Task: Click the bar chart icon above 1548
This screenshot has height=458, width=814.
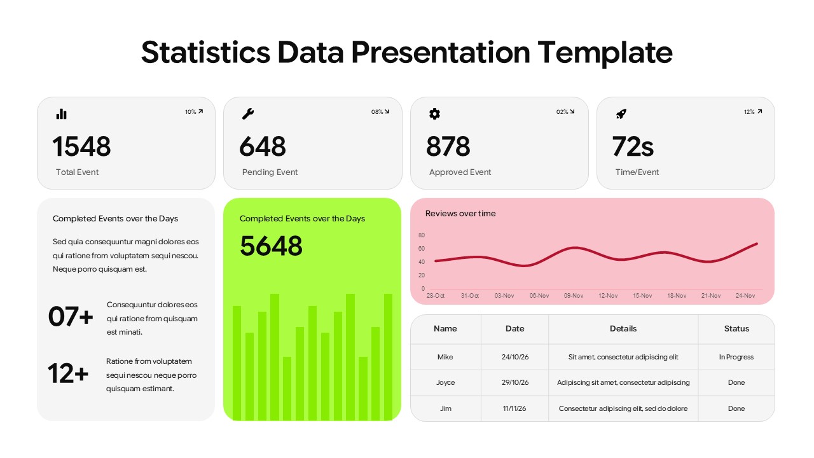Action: click(61, 114)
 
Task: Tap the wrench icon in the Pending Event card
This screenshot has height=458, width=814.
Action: click(248, 114)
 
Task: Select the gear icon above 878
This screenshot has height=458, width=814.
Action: click(434, 114)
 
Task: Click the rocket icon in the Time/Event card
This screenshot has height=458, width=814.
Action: click(621, 114)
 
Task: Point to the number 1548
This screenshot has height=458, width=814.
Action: click(81, 146)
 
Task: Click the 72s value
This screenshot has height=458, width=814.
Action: click(633, 146)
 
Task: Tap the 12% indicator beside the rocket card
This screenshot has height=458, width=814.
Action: click(752, 112)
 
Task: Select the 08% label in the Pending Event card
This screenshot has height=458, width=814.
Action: click(380, 112)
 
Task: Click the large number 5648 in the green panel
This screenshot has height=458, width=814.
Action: click(271, 246)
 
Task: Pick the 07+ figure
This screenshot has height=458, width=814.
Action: click(71, 317)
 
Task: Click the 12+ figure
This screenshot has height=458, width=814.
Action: click(68, 374)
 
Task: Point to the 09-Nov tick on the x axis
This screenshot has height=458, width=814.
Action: click(574, 296)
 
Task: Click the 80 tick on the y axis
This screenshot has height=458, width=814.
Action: click(422, 235)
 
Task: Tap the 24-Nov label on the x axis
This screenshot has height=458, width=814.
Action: click(745, 296)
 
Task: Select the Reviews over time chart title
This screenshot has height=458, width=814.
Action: click(460, 214)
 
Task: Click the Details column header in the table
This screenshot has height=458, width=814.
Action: click(623, 329)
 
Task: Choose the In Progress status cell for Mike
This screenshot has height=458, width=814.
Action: click(736, 357)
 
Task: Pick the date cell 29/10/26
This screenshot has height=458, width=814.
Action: click(515, 383)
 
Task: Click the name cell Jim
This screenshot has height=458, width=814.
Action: click(446, 408)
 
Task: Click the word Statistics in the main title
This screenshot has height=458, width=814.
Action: click(205, 52)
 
